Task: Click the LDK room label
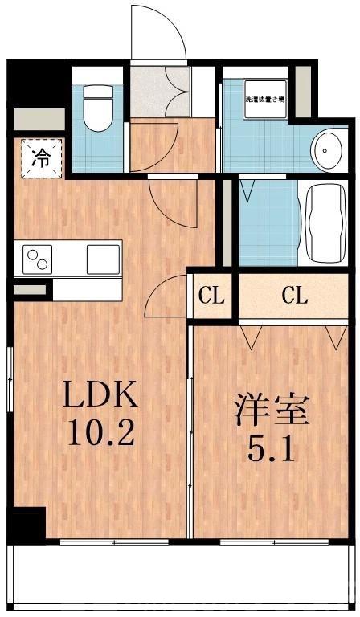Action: pos(101,394)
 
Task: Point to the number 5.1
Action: pos(272,447)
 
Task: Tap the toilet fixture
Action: pos(99,108)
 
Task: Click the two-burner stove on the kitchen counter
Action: pos(37,259)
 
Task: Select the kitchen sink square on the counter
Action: pos(102,259)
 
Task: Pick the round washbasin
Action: pos(327,149)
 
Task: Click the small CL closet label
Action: pos(211,296)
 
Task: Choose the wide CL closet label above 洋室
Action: pos(294,296)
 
